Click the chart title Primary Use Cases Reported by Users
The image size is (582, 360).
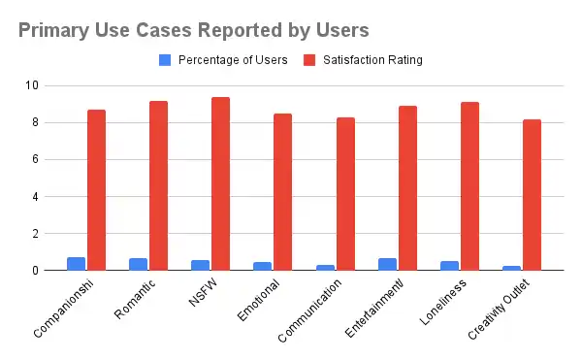point(193,30)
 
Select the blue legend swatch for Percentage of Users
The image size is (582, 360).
point(164,59)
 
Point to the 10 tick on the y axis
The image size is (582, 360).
point(32,85)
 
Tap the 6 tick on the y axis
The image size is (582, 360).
point(35,159)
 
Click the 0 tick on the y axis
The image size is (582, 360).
point(35,271)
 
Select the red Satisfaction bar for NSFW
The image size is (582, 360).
point(220,183)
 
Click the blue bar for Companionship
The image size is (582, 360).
point(76,264)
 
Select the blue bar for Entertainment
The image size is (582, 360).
point(387,264)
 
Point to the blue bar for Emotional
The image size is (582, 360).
point(262,266)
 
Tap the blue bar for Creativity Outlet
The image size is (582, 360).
point(511,268)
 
